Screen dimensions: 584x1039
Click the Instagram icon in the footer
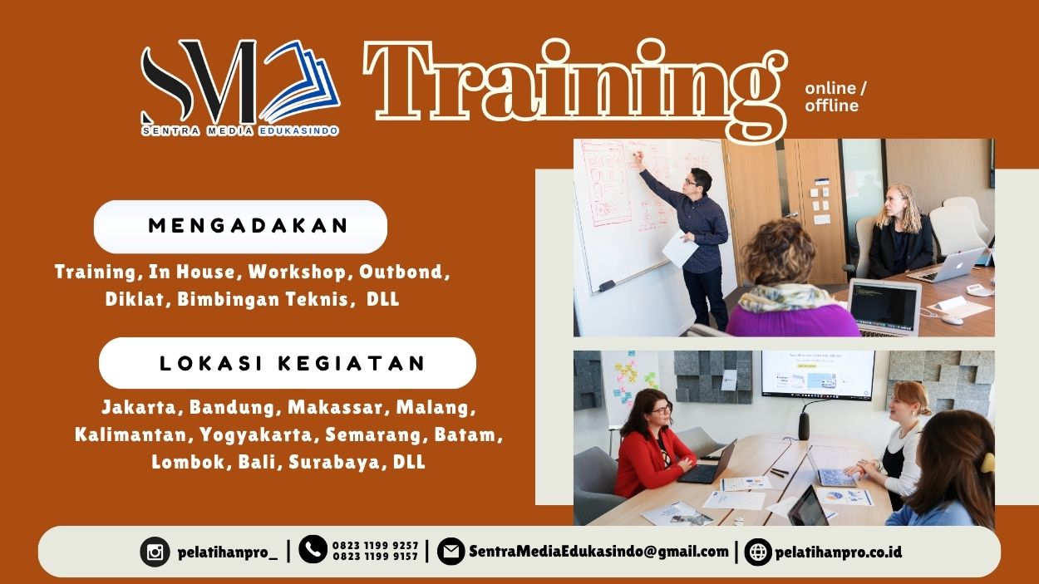click(x=155, y=552)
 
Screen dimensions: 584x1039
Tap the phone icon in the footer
click(x=313, y=549)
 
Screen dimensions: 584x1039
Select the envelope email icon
click(x=451, y=551)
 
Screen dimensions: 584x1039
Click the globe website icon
click(x=758, y=552)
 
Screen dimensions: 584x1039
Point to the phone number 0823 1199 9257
click(x=375, y=546)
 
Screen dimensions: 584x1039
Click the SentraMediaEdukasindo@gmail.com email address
click(x=598, y=552)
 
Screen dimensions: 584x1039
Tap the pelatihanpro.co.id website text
click(x=838, y=552)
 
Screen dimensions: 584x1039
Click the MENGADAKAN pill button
click(x=240, y=226)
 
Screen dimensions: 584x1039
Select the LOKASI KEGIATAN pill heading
click(x=288, y=363)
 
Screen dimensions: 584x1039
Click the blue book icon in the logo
click(x=301, y=81)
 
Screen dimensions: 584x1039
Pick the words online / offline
click(x=835, y=96)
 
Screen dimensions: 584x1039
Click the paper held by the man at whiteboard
click(x=678, y=249)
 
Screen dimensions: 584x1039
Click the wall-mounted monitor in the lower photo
click(x=817, y=375)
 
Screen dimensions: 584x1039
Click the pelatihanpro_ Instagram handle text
click(x=228, y=552)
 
